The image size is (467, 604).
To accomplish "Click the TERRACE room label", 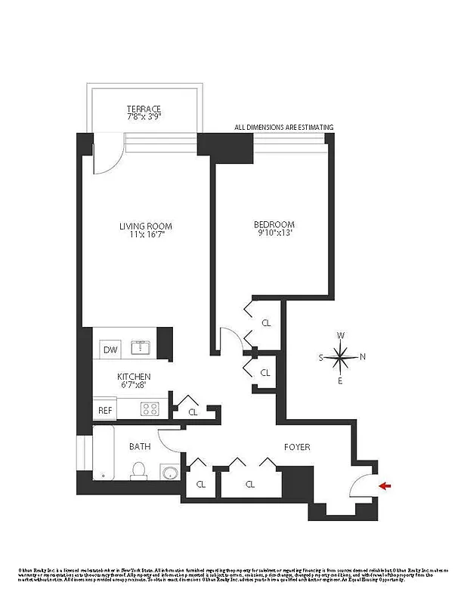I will [144, 109].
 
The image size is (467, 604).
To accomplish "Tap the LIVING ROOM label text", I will [145, 226].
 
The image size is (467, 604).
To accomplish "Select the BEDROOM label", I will [274, 224].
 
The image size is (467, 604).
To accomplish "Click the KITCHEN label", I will [134, 377].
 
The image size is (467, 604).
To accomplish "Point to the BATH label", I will [139, 446].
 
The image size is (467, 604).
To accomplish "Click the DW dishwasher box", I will [110, 350].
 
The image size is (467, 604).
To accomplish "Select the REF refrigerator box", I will [105, 411].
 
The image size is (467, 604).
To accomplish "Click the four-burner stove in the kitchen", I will [149, 409].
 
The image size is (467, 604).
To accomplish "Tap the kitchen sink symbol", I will [141, 348].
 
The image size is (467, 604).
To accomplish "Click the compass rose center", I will [342, 357].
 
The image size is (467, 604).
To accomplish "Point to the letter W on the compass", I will [342, 335].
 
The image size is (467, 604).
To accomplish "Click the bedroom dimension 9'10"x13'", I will [274, 234].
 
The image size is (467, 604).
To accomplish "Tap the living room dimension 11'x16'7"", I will [145, 236].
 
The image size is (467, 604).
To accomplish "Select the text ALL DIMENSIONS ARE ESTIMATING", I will [283, 128].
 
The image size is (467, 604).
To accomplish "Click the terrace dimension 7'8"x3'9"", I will [144, 118].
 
